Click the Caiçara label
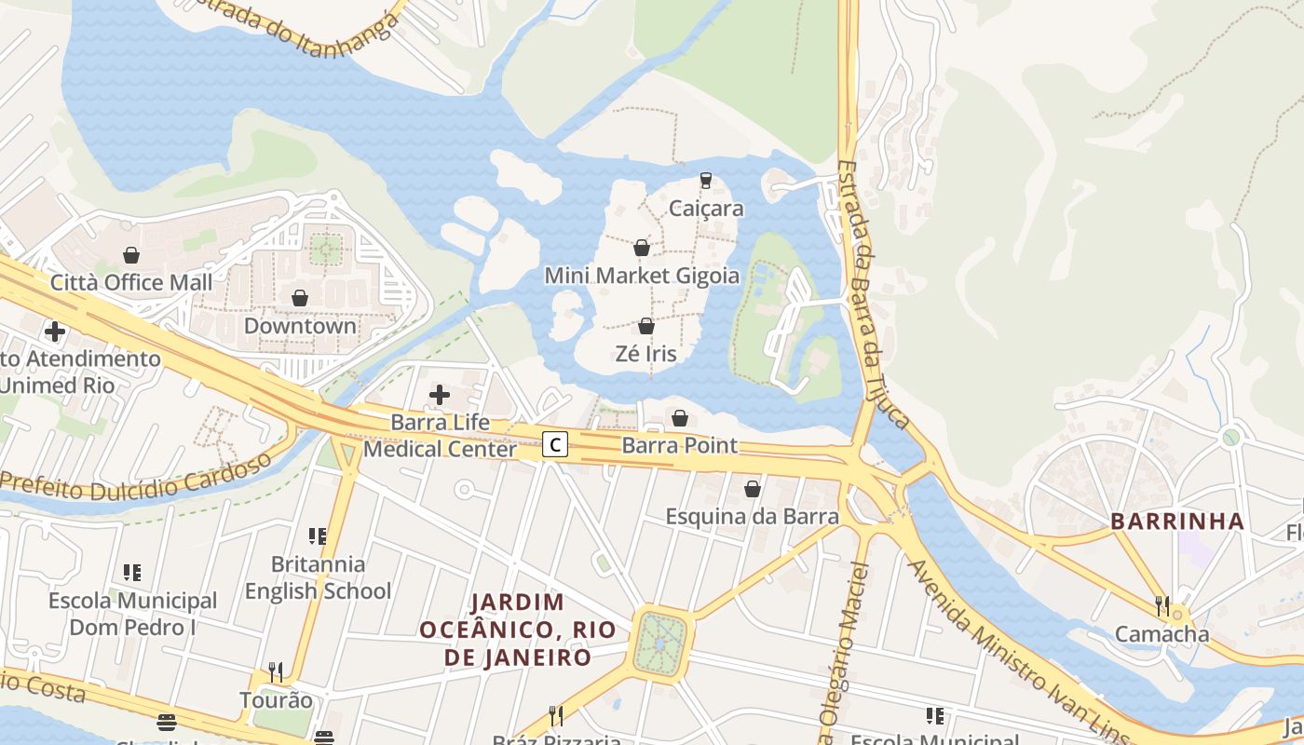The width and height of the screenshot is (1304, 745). [706, 208]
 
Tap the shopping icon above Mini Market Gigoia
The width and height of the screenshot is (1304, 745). [642, 248]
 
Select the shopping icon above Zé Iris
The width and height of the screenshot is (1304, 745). [645, 326]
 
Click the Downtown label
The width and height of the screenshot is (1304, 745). [300, 326]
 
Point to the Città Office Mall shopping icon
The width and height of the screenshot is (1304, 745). [131, 255]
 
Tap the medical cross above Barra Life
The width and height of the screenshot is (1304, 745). [440, 395]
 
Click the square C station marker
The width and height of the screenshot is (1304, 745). [555, 445]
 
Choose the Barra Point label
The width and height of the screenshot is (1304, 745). [680, 445]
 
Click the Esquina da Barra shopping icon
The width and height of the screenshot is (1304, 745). [753, 488]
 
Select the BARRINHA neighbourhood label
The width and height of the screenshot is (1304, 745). [1177, 521]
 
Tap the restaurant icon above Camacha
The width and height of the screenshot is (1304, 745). [1161, 606]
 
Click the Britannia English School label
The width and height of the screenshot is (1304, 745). [318, 577]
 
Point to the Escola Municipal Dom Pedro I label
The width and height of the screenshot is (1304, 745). [132, 614]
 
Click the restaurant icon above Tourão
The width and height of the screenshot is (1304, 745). [276, 671]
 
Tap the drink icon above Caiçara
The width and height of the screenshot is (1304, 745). [706, 180]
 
